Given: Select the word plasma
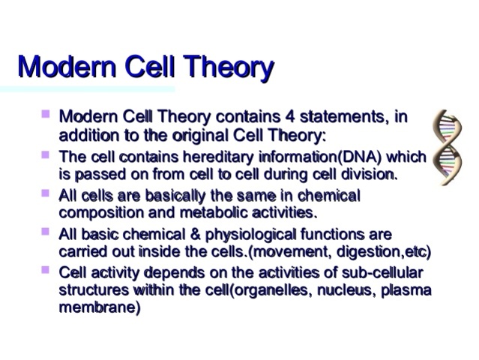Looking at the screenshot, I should pos(406,290).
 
